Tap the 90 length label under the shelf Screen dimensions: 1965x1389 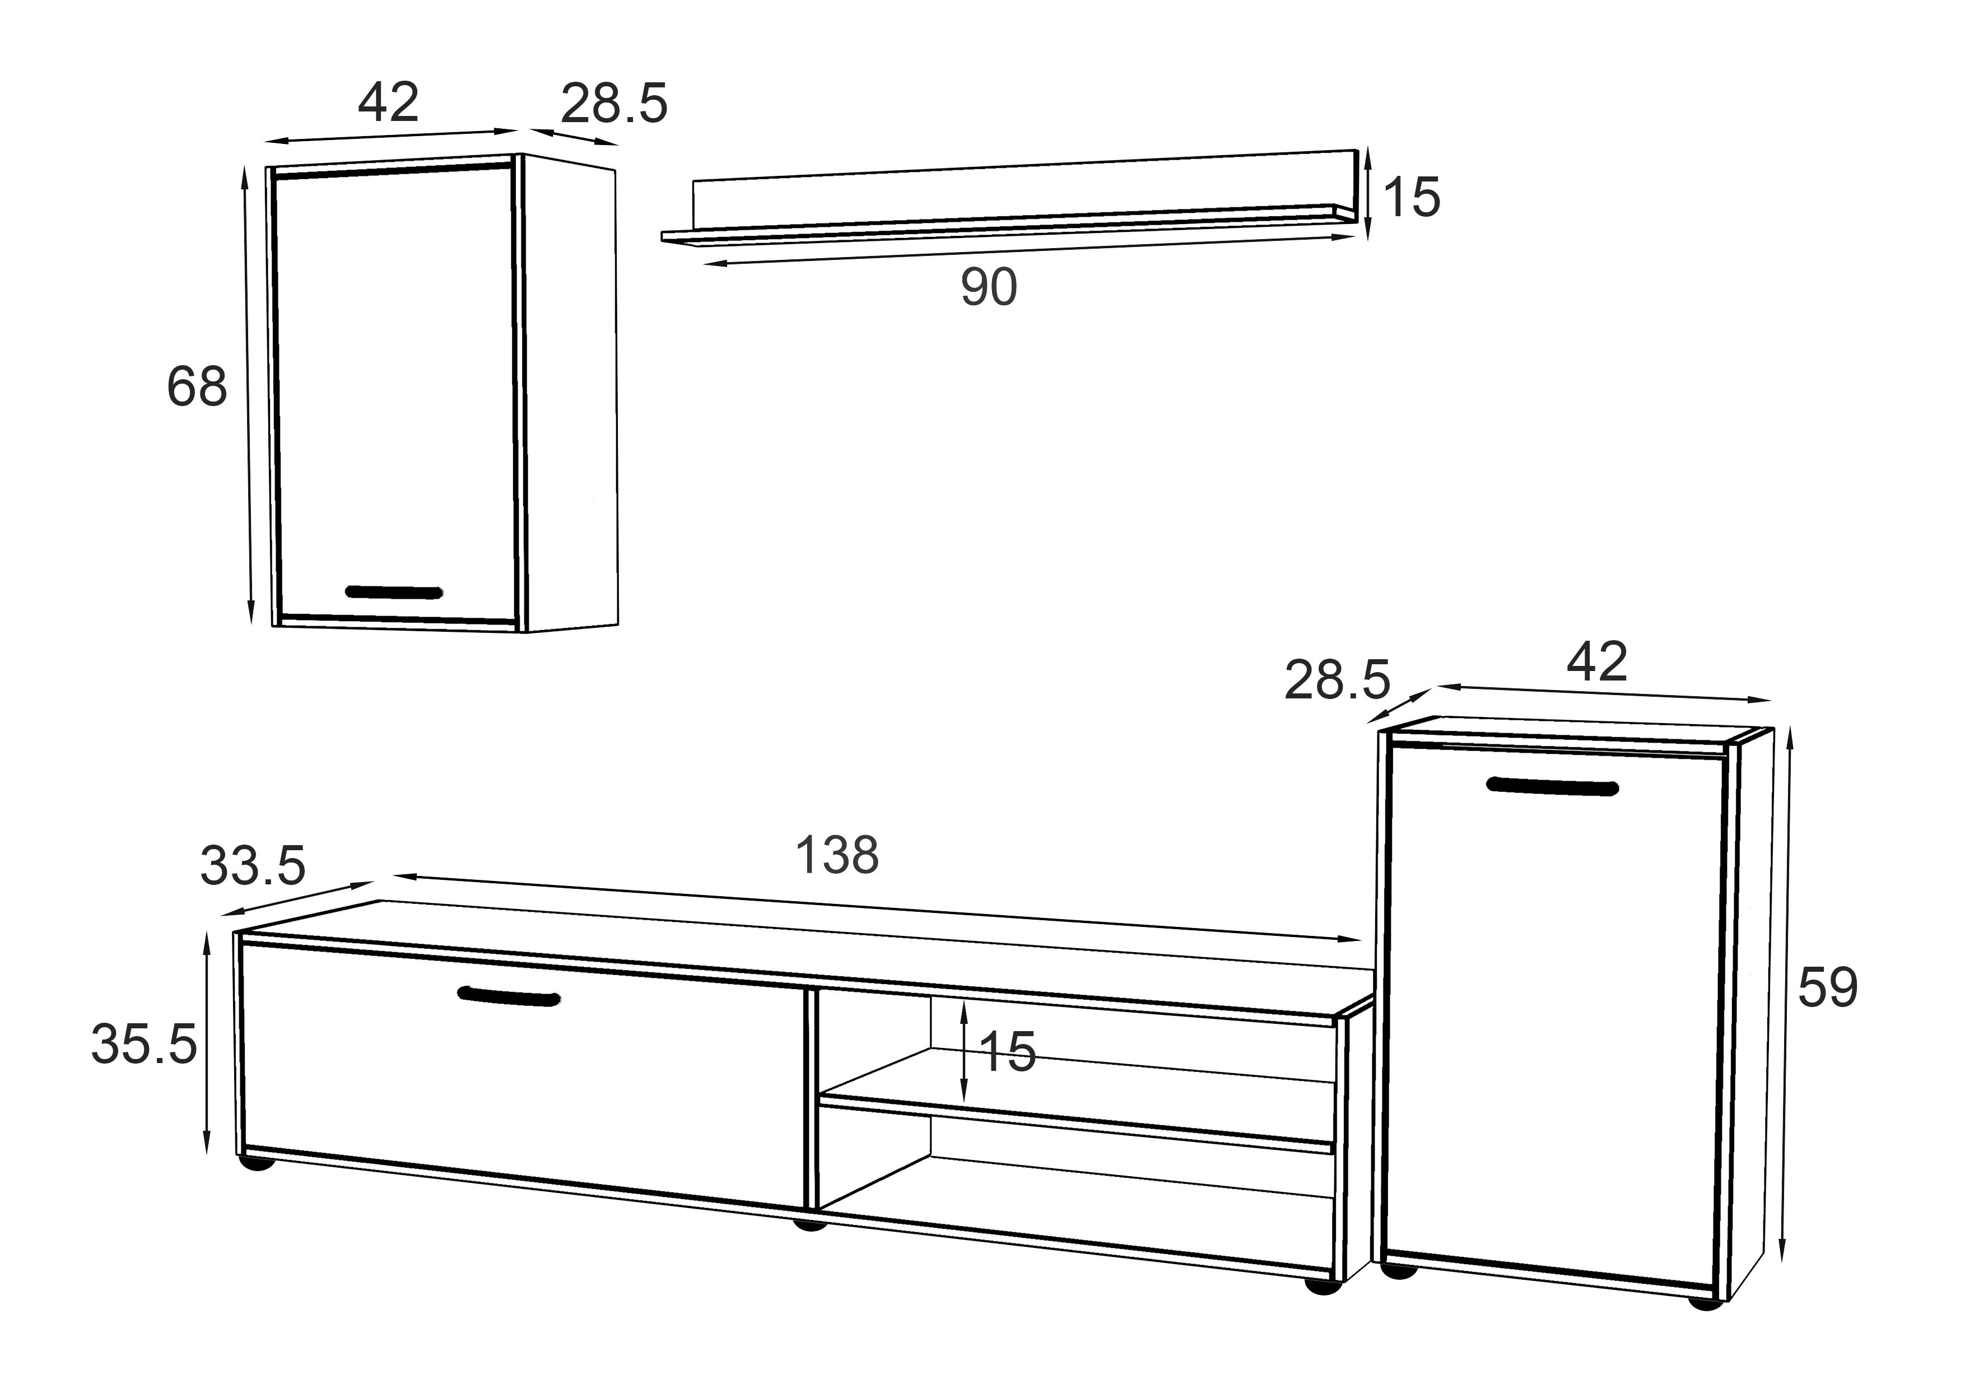coord(989,287)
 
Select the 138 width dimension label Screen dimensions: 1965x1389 coord(837,855)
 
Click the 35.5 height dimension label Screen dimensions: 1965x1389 coord(144,1045)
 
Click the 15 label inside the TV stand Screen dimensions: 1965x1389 coord(1007,1052)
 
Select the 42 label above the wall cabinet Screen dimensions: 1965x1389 coord(389,102)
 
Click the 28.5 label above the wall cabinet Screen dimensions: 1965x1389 coord(613,104)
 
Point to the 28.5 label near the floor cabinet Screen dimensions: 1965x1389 coord(1337,681)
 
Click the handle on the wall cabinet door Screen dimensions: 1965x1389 coord(394,592)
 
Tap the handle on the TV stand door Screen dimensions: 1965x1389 coord(509,996)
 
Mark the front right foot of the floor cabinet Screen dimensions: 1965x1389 coord(1705,1303)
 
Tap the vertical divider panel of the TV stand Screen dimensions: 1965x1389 coord(809,1100)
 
